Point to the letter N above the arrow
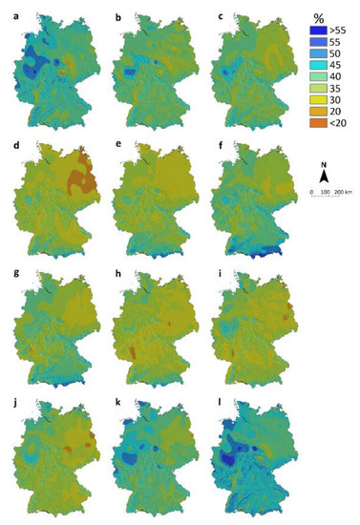(x=326, y=163)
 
